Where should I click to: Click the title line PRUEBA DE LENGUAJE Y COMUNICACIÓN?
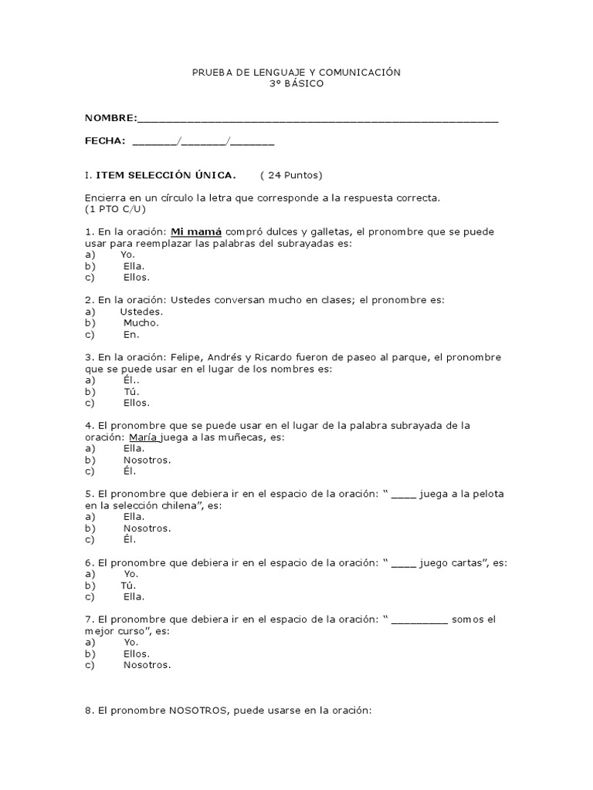click(x=296, y=72)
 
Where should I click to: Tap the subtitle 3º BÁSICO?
click(x=296, y=83)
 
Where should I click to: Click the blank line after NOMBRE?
click(x=317, y=118)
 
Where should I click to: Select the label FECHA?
click(x=105, y=140)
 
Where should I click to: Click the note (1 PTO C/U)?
click(x=115, y=209)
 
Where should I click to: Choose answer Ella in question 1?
click(x=134, y=266)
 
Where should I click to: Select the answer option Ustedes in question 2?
click(x=141, y=312)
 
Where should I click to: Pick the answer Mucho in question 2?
click(x=141, y=323)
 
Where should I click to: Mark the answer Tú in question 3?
click(x=130, y=391)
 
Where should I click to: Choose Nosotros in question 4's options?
click(x=147, y=460)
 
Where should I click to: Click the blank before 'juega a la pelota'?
click(x=404, y=494)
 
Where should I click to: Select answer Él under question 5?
click(x=129, y=539)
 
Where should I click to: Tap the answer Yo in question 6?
click(x=130, y=574)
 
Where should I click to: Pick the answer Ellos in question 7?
click(x=137, y=653)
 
